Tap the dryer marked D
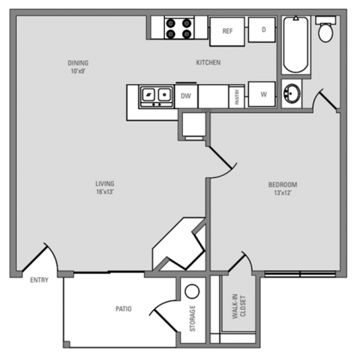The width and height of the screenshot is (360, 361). pyautogui.click(x=264, y=30)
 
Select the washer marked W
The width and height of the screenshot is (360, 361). pyautogui.click(x=264, y=95)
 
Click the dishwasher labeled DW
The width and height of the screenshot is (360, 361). pyautogui.click(x=186, y=95)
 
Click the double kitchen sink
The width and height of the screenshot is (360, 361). pyautogui.click(x=156, y=95)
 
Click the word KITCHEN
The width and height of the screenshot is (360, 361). pyautogui.click(x=208, y=63)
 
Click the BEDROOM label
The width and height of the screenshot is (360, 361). pyautogui.click(x=283, y=185)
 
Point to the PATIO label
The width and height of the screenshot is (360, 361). pyautogui.click(x=124, y=308)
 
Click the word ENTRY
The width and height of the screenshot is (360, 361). pyautogui.click(x=39, y=281)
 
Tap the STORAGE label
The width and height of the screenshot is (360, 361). pyautogui.click(x=192, y=318)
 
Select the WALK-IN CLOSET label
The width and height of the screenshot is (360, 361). pyautogui.click(x=238, y=306)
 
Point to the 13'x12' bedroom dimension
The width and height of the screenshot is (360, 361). pyautogui.click(x=283, y=194)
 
